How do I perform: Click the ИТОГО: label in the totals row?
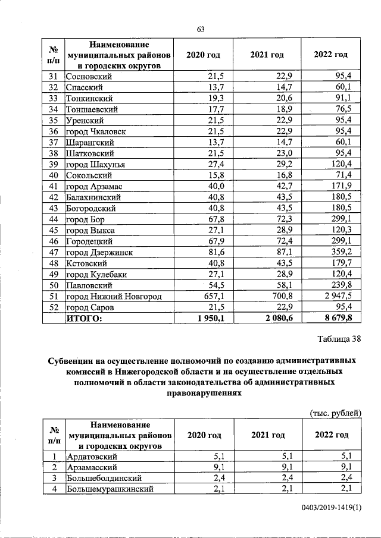tap(84, 319)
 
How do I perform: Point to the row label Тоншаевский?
tap(92, 109)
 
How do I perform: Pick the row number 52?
tap(53, 307)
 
